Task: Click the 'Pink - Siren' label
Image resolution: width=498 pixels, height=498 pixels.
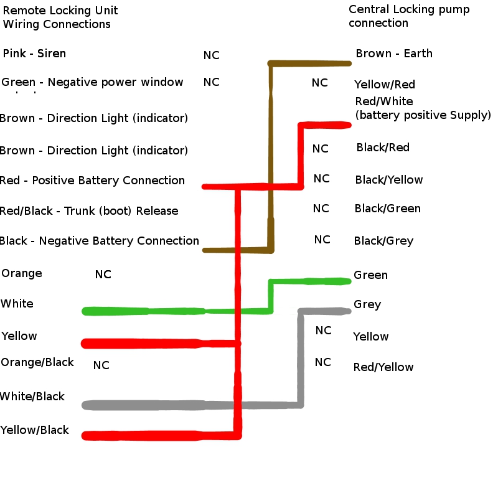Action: tap(34, 54)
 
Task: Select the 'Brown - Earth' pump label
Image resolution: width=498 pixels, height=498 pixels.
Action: tap(393, 54)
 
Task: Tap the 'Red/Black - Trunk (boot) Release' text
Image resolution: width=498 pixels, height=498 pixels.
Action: tap(89, 211)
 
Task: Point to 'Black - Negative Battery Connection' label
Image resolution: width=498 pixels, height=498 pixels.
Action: tap(100, 241)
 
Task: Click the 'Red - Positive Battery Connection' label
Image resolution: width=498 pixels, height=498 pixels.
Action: tap(92, 181)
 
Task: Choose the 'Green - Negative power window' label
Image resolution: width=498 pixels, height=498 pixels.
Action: tap(92, 82)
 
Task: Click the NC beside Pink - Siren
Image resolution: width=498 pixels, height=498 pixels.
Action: tap(211, 55)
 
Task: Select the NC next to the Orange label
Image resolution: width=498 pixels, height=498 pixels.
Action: tap(103, 275)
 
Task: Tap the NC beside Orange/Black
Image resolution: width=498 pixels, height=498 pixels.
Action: tap(101, 365)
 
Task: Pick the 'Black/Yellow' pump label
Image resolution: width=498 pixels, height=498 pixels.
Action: tap(388, 180)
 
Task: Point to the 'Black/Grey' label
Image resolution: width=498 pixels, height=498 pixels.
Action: tap(383, 241)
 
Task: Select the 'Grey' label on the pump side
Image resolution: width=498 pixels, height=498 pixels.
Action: tap(367, 304)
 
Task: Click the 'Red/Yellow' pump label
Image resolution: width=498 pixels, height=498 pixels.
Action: tap(383, 367)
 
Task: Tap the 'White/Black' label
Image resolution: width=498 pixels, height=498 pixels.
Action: tap(32, 397)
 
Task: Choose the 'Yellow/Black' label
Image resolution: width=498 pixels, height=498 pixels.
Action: tap(35, 430)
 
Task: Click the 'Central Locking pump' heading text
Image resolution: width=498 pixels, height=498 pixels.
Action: tap(408, 10)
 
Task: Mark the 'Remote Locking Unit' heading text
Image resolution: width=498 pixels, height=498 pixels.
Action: tap(60, 11)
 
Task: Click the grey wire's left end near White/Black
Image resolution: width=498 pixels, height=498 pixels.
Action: tap(87, 405)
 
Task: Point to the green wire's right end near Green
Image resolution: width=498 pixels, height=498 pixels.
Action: tap(347, 281)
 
